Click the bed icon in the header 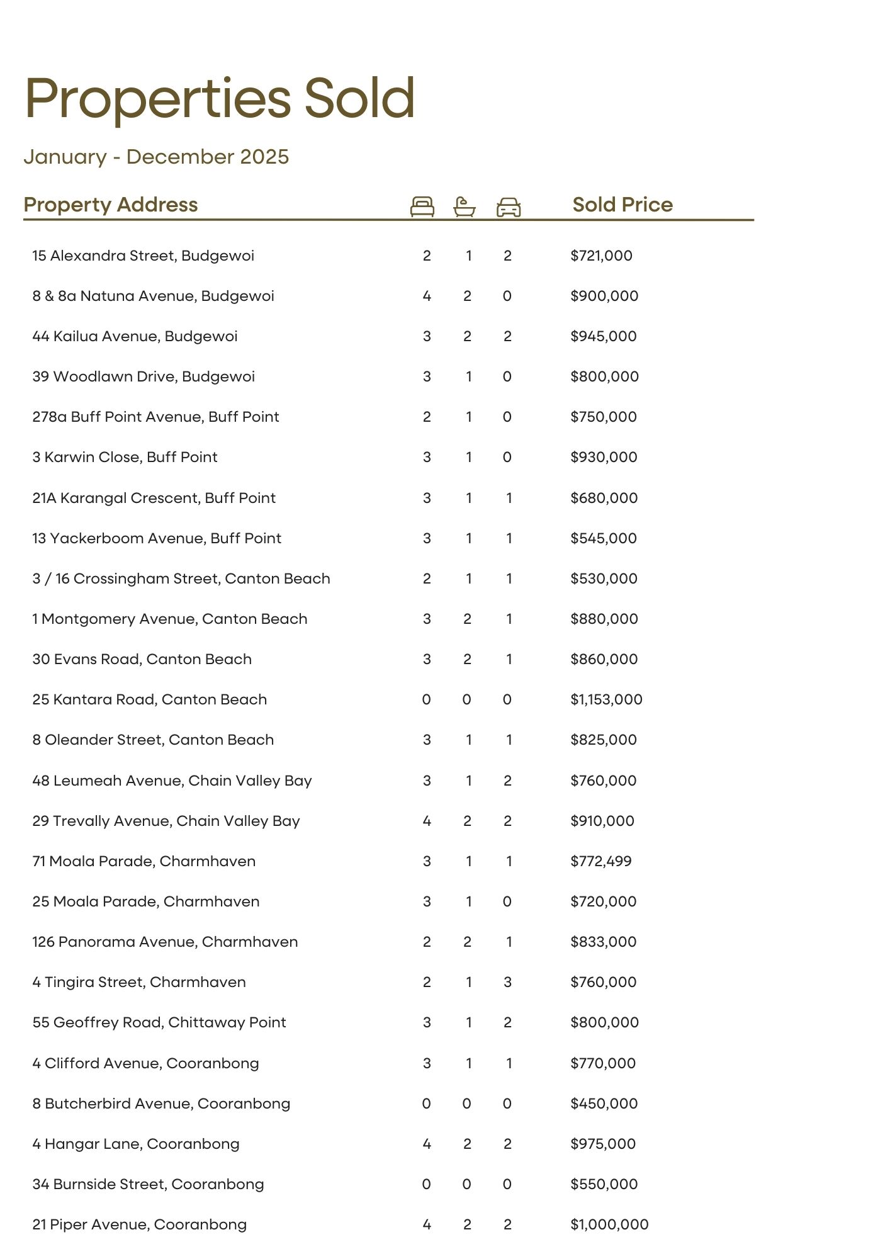pyautogui.click(x=422, y=206)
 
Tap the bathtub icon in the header pyautogui.click(x=465, y=206)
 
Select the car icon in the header pyautogui.click(x=509, y=206)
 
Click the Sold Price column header pyautogui.click(x=622, y=205)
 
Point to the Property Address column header pyautogui.click(x=110, y=205)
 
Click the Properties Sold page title pyautogui.click(x=220, y=98)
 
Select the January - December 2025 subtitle pyautogui.click(x=156, y=157)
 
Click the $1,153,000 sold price pyautogui.click(x=606, y=699)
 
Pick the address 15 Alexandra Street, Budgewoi pyautogui.click(x=143, y=256)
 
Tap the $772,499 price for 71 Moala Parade pyautogui.click(x=600, y=861)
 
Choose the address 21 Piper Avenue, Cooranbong pyautogui.click(x=139, y=1224)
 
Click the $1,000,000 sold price pyautogui.click(x=609, y=1224)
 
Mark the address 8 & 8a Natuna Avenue pyautogui.click(x=153, y=296)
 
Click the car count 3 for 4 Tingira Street pyautogui.click(x=507, y=982)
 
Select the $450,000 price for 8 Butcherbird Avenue pyautogui.click(x=604, y=1104)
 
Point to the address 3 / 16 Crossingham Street pyautogui.click(x=181, y=579)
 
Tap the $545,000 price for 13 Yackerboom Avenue pyautogui.click(x=603, y=538)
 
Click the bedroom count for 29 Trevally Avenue pyautogui.click(x=427, y=821)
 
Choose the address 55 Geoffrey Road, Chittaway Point pyautogui.click(x=159, y=1022)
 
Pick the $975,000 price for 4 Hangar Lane pyautogui.click(x=603, y=1144)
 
